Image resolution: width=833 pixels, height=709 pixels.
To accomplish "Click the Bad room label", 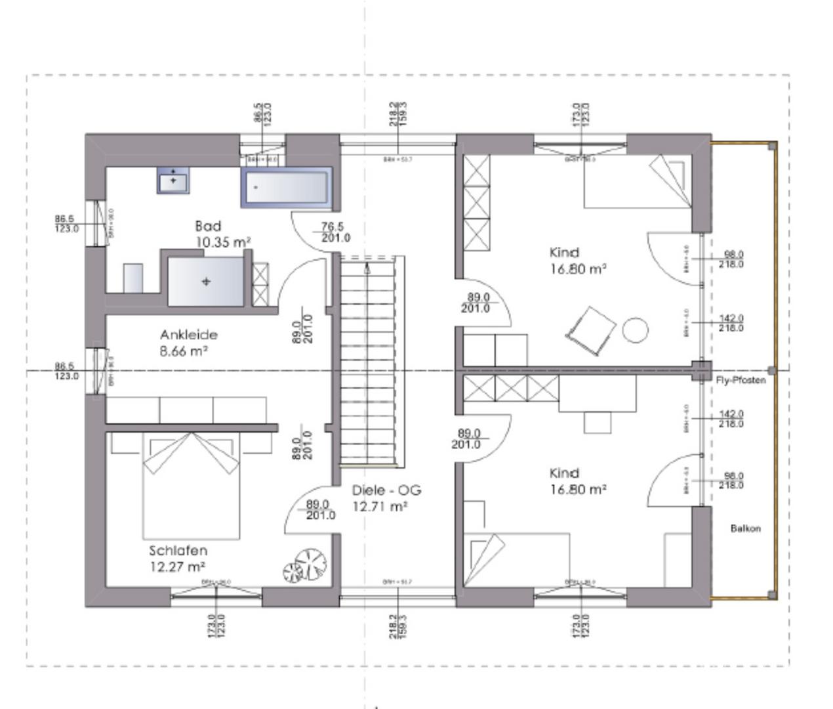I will click(x=208, y=226).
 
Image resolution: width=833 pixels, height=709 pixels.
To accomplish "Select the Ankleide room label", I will click(x=188, y=335).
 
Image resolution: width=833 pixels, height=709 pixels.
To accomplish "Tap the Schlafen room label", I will click(x=178, y=551).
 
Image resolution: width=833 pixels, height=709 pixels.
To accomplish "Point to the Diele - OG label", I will click(x=386, y=490).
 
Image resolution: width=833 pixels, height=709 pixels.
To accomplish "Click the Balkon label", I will click(x=746, y=528).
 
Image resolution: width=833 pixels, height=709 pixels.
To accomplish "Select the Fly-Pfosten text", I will click(x=741, y=380).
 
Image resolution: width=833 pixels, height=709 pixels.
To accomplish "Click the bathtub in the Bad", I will click(x=286, y=188).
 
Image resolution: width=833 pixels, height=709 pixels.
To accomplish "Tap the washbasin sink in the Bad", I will click(x=173, y=180).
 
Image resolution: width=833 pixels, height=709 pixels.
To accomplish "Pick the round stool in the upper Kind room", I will click(x=635, y=330).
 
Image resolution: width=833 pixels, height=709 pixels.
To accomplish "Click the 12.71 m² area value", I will click(x=380, y=507).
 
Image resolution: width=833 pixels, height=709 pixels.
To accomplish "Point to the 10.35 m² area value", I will click(x=223, y=242).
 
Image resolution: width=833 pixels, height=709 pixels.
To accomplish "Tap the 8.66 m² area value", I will click(x=184, y=351).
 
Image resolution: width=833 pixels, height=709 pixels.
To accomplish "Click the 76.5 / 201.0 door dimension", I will click(x=335, y=232).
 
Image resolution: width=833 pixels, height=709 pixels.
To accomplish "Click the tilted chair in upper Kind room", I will click(x=590, y=332).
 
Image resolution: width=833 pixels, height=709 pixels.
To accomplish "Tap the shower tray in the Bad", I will click(x=206, y=282).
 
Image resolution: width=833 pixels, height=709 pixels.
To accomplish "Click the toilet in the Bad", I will click(x=133, y=278).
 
